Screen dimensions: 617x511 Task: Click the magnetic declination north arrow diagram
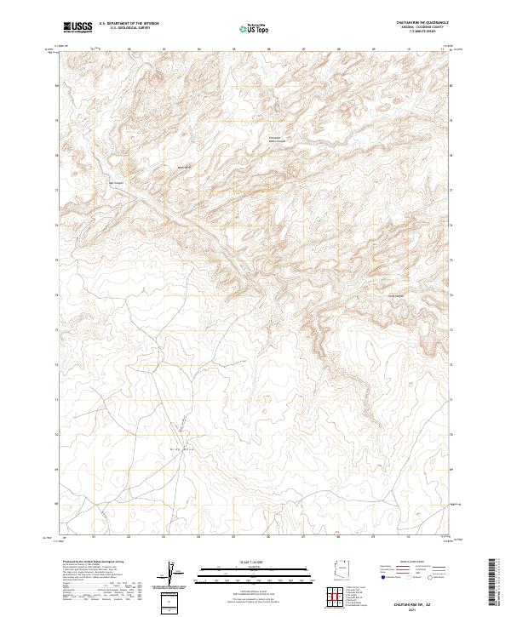coord(173,572)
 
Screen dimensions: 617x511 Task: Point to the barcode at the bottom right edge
coord(494,580)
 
